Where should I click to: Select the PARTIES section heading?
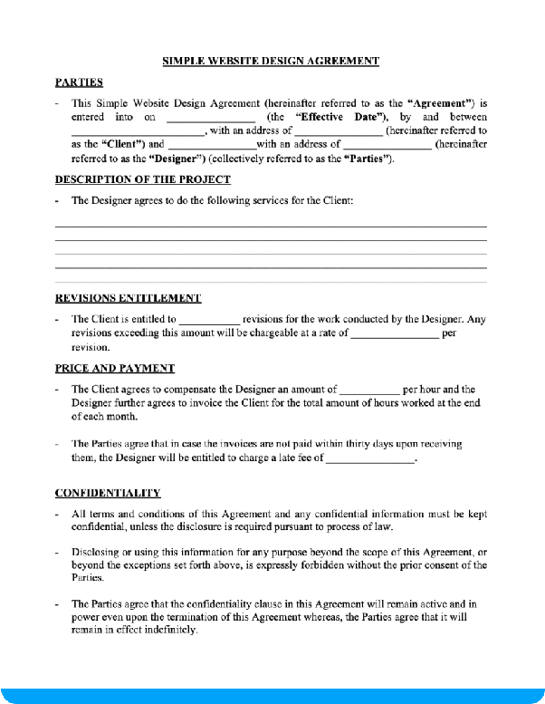click(79, 82)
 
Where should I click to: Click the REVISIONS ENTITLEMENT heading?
click(128, 298)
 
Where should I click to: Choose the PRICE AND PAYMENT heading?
click(115, 369)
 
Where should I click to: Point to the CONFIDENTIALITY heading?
click(108, 493)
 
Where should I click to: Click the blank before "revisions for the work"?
click(209, 320)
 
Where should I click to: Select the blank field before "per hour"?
click(369, 391)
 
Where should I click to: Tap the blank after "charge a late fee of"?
click(368, 459)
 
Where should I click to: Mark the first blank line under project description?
click(271, 226)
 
